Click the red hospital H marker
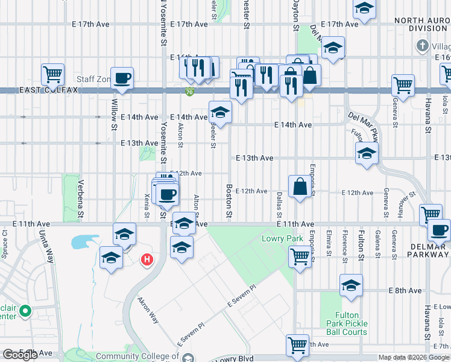point(146,261)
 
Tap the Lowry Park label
point(282,239)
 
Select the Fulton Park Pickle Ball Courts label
point(359,323)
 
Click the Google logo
point(19,355)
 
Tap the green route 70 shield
point(189,92)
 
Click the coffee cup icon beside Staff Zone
point(122,78)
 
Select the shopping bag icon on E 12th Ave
point(300,186)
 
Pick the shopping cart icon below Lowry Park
point(300,256)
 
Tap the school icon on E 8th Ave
point(351,285)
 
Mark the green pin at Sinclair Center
point(25,311)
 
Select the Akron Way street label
point(148,310)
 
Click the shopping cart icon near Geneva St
point(403,85)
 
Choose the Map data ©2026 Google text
point(414,357)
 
